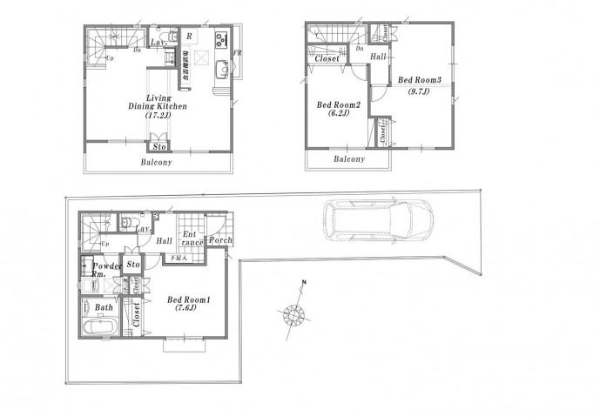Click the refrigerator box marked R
pyautogui.click(x=189, y=37)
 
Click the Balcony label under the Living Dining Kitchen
pyautogui.click(x=157, y=163)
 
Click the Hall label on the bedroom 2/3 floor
pyautogui.click(x=378, y=57)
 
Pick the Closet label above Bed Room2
pyautogui.click(x=327, y=58)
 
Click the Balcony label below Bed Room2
pyautogui.click(x=348, y=160)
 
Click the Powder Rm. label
pyautogui.click(x=106, y=269)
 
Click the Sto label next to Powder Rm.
pyautogui.click(x=133, y=263)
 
